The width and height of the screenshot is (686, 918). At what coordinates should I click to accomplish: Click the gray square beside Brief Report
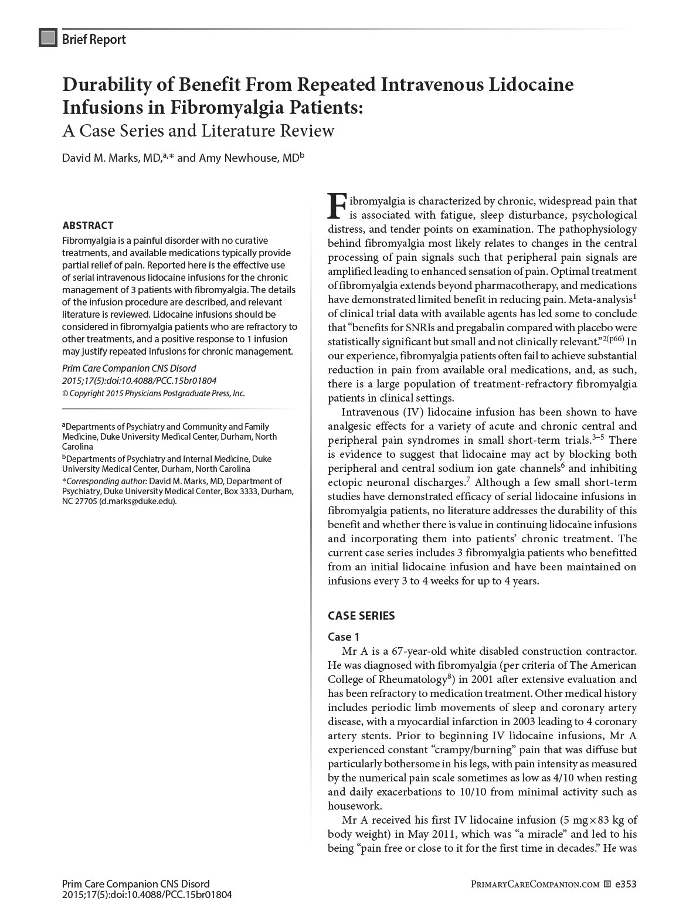48,38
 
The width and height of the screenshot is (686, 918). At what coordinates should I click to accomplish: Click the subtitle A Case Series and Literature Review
198,130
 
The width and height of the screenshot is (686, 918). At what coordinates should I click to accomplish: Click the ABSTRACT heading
88,226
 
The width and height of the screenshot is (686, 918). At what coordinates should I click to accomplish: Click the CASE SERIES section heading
361,616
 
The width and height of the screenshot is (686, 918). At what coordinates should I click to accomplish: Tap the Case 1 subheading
344,637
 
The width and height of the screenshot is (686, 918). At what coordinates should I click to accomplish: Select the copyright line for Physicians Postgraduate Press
154,393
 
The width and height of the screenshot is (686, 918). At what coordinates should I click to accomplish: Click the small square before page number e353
607,884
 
